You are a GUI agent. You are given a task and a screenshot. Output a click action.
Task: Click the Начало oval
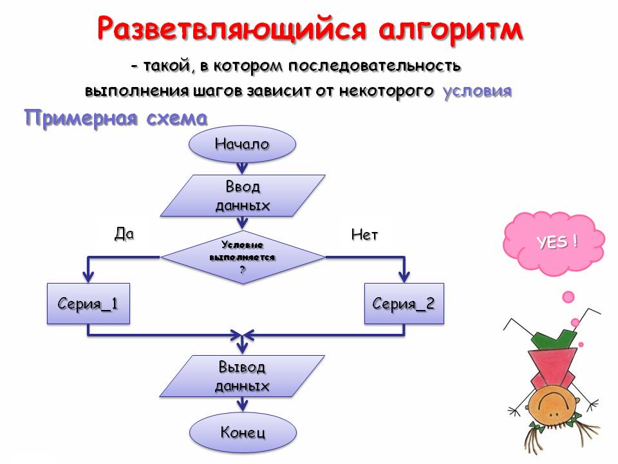coord(242,144)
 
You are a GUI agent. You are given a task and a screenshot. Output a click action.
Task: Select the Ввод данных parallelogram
coord(242,196)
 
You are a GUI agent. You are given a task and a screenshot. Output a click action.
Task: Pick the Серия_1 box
coord(88,303)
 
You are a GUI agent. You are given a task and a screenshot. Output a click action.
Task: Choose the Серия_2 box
coord(404,303)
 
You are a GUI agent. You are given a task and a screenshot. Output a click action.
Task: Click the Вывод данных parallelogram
coord(242,376)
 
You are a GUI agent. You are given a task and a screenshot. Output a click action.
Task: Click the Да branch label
coord(124,234)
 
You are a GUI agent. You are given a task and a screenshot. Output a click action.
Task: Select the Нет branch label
coord(364,235)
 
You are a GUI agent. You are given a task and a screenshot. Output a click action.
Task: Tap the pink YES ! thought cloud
coord(555,243)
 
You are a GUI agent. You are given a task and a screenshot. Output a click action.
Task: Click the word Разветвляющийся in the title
coord(219,30)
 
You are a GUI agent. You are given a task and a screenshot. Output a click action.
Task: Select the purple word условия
coord(477,91)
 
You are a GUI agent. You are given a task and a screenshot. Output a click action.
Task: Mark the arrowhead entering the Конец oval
coord(242,405)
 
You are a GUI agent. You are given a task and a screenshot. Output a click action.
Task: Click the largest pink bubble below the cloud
coord(568,296)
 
